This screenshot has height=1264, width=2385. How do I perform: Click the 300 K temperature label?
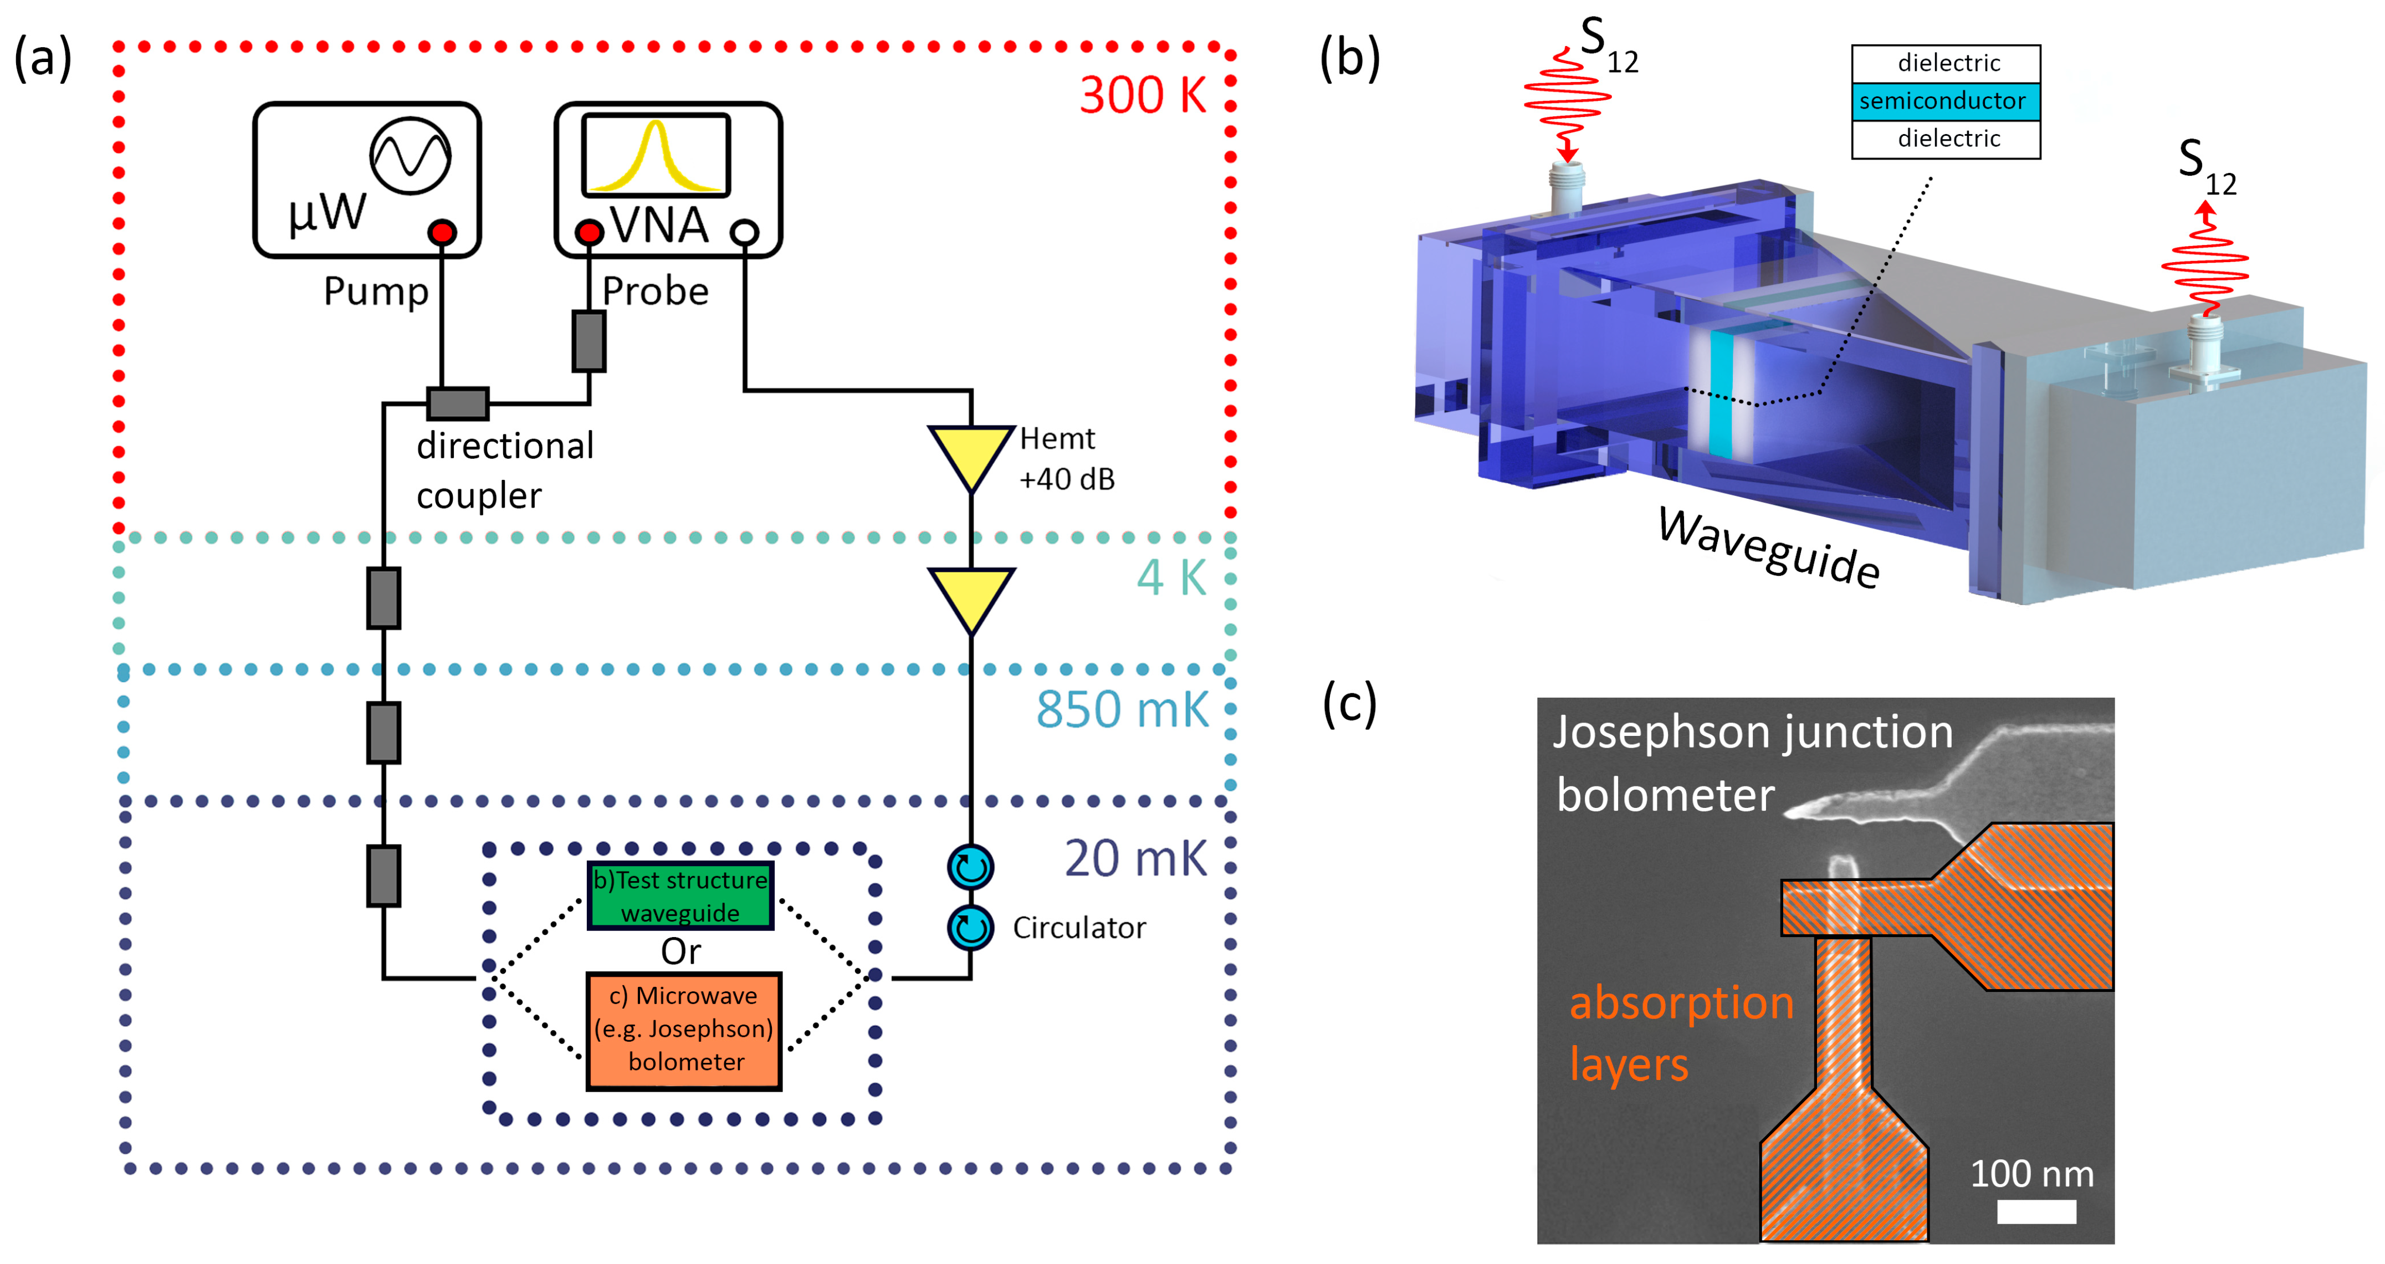coord(1143,95)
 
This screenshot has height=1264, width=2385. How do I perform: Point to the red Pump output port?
coord(443,232)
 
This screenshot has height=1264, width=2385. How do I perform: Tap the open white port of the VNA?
coord(744,232)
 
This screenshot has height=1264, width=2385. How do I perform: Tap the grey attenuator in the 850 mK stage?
coord(383,733)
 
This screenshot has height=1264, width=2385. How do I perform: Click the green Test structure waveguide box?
coord(680,895)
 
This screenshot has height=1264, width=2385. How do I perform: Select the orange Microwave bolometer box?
coord(684,1030)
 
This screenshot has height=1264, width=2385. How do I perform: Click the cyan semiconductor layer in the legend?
coord(1945,101)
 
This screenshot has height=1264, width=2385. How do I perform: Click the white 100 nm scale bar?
coord(2036,1212)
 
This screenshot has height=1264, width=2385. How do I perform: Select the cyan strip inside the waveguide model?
coord(1720,393)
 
